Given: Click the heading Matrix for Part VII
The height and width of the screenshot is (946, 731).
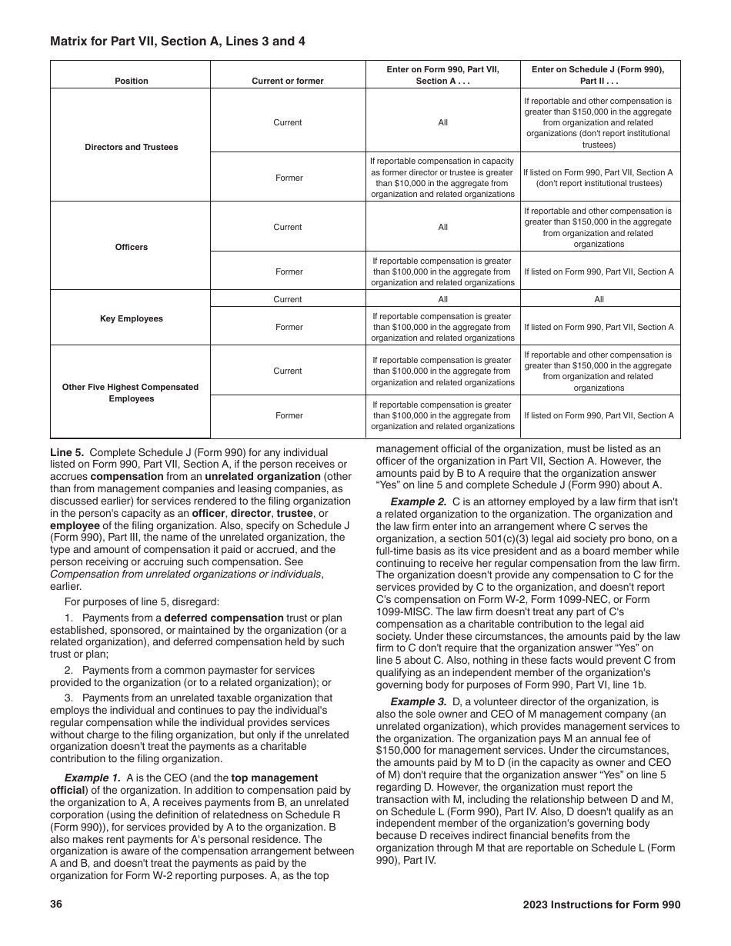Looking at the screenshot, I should click(178, 42).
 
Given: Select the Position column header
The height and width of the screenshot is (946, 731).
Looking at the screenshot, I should click(132, 81).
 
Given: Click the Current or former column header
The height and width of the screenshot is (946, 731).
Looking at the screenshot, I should click(288, 81).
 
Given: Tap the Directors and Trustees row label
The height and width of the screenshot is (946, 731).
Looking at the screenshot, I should click(132, 147).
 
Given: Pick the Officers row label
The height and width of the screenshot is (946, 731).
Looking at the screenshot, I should click(132, 247).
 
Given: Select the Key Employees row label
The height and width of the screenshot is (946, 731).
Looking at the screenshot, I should click(132, 318).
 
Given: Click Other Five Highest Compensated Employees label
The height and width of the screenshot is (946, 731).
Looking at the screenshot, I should click(131, 393).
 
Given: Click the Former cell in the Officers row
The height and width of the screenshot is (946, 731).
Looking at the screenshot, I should click(289, 271).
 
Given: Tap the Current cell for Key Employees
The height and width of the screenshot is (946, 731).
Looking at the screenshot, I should click(288, 299).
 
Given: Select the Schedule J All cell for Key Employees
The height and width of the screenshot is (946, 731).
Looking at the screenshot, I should click(599, 299).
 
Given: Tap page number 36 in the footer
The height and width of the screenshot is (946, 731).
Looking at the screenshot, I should click(56, 905).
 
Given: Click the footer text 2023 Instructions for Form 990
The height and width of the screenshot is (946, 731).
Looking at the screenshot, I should click(601, 905).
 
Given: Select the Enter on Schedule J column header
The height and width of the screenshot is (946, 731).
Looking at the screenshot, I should click(599, 75).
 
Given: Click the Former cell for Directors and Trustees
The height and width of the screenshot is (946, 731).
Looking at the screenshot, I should click(289, 178).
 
